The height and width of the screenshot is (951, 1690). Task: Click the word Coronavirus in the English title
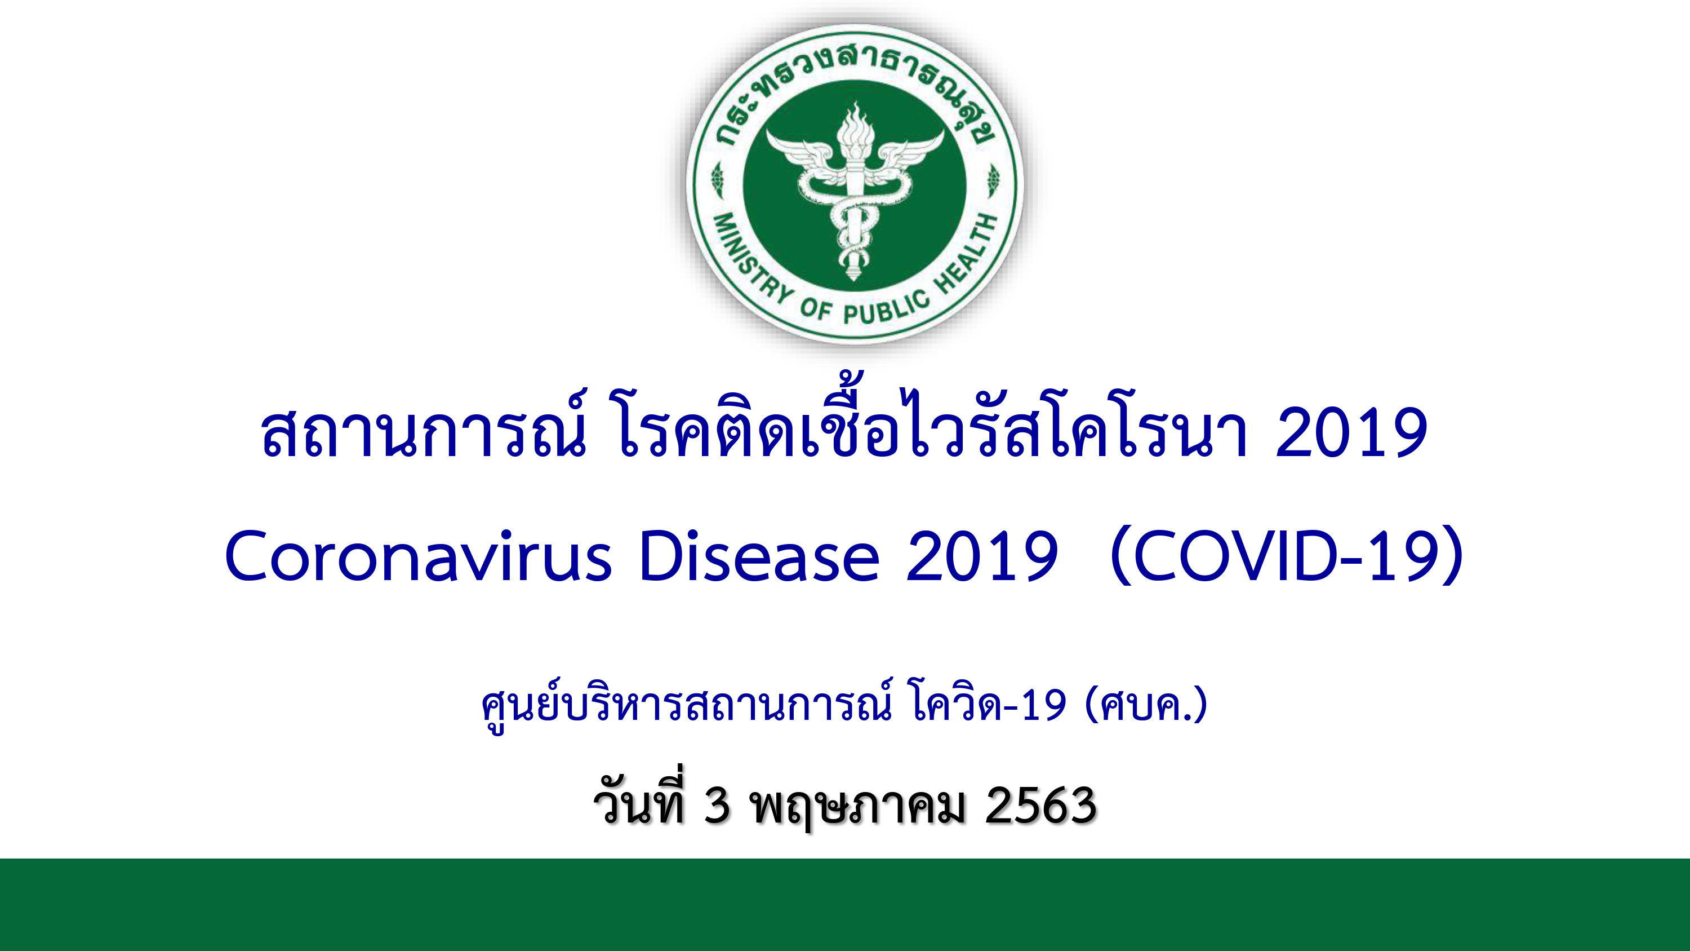tap(418, 556)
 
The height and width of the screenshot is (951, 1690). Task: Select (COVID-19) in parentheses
tap(1287, 555)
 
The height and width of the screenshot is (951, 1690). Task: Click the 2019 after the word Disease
tap(982, 556)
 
